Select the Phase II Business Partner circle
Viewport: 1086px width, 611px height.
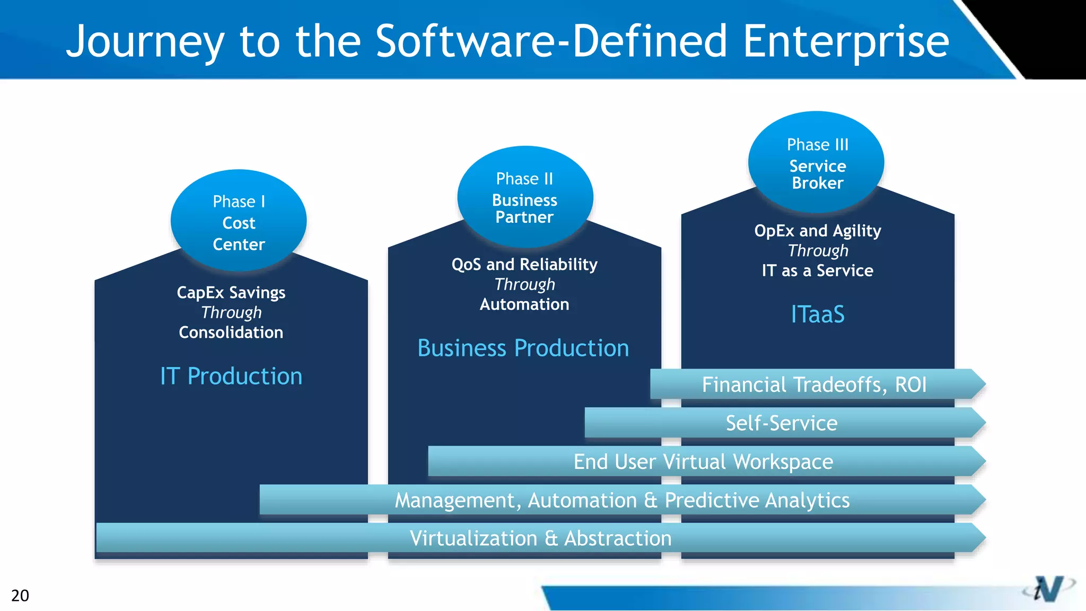tap(525, 197)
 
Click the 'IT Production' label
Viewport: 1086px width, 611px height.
tap(231, 376)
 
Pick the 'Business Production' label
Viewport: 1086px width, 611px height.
tap(523, 348)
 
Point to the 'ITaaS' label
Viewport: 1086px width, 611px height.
tap(817, 314)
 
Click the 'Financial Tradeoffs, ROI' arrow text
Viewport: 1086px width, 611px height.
tap(814, 385)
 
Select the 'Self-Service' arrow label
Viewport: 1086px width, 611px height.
tap(781, 423)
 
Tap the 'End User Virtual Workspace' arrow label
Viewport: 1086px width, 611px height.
tap(703, 461)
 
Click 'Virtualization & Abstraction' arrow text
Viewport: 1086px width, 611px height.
tap(540, 538)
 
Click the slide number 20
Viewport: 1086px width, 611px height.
tap(20, 595)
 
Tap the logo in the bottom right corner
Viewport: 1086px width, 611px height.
tap(1048, 589)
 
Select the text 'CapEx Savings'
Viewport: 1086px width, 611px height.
tap(231, 292)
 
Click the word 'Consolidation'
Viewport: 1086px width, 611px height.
tap(231, 333)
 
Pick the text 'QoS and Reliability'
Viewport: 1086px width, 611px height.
tap(524, 264)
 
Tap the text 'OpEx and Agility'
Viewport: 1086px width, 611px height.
tap(817, 231)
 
